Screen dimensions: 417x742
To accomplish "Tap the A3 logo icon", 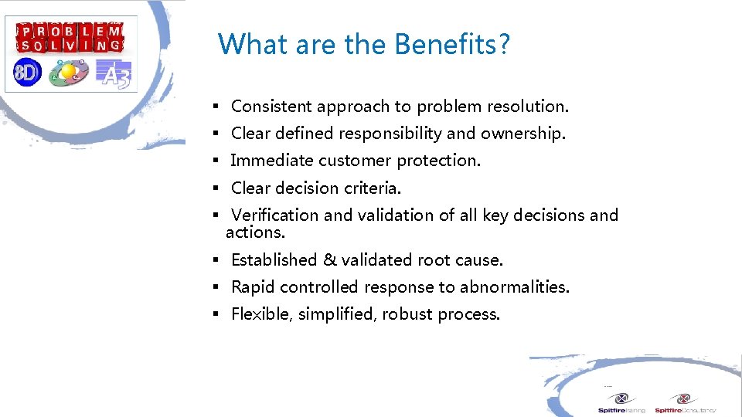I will pos(114,73).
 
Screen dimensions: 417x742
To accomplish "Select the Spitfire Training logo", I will pos(621,403).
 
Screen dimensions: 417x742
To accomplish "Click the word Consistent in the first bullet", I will pos(271,107).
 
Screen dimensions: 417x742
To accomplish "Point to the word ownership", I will pos(522,134).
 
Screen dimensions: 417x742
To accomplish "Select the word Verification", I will pos(275,215).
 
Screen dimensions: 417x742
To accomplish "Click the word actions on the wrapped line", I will pos(255,232).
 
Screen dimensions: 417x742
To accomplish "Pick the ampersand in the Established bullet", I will pos(328,260).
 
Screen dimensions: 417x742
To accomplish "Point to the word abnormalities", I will pos(514,287).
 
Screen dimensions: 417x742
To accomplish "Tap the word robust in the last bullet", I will pos(406,314).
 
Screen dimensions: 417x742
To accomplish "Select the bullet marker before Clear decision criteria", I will pos(219,188).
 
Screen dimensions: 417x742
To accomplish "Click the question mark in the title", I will pos(504,45).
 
